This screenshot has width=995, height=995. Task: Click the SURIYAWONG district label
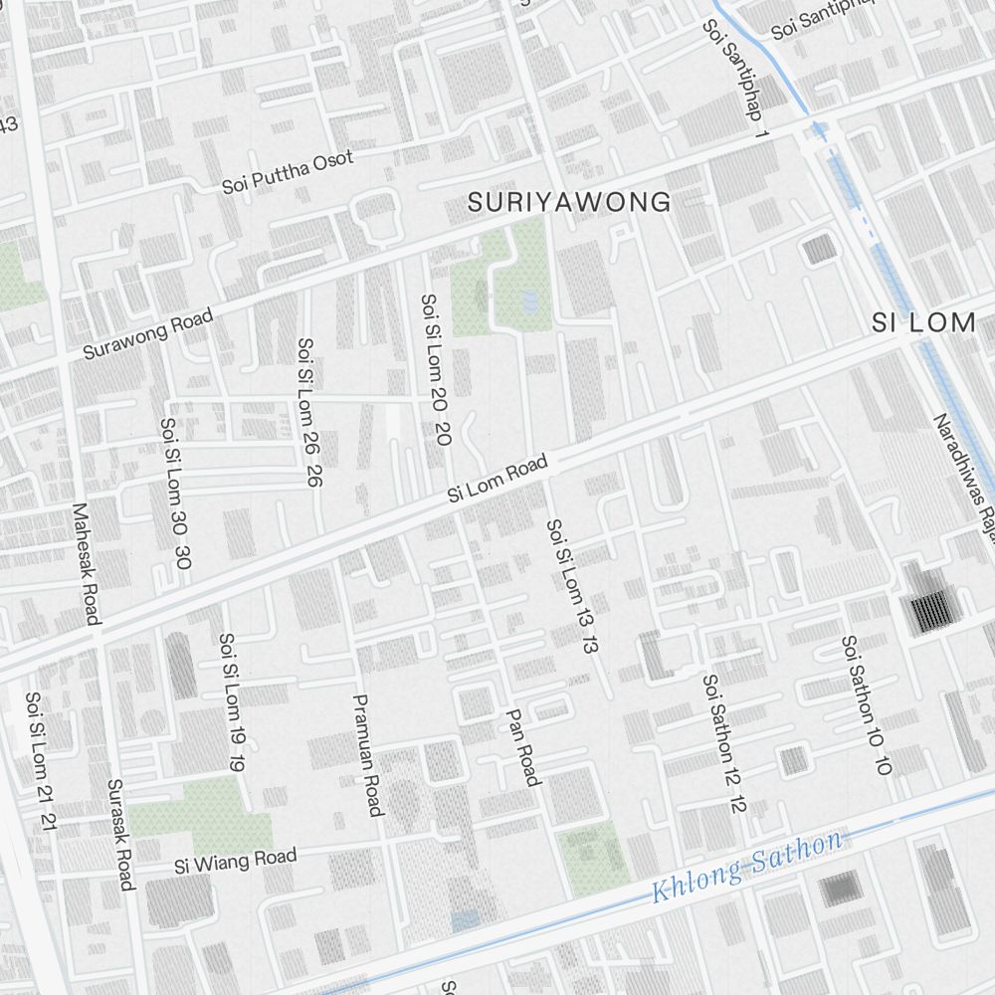pyautogui.click(x=569, y=203)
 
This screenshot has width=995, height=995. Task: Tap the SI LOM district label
pyautogui.click(x=922, y=322)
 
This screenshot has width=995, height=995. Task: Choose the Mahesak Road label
pyautogui.click(x=86, y=563)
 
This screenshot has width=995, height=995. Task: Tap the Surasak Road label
pyautogui.click(x=119, y=834)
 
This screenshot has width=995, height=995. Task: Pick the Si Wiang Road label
pyautogui.click(x=235, y=861)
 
